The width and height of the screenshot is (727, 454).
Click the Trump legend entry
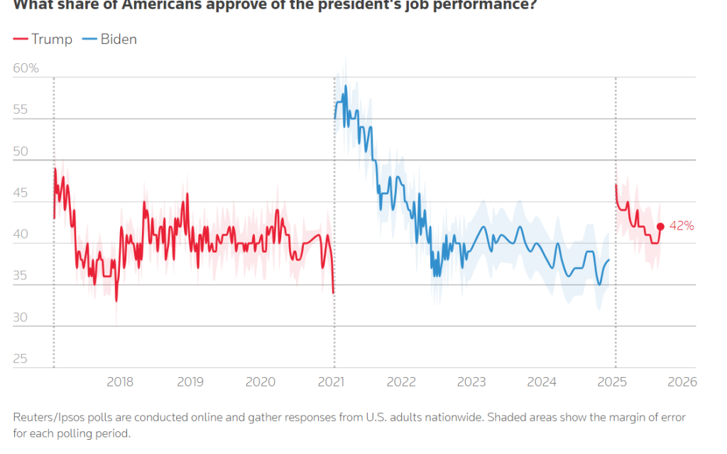coord(43,39)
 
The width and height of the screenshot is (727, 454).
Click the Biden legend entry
coord(110,39)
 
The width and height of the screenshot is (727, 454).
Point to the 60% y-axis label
coord(26,69)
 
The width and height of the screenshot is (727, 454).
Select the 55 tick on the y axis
coord(21,110)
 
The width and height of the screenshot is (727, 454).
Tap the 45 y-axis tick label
coord(21,193)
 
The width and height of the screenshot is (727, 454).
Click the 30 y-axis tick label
coord(21,318)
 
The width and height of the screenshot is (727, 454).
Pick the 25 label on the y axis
coord(21,359)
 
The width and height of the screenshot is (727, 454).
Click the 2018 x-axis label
coord(120,382)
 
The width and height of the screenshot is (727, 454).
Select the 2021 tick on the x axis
coord(331,382)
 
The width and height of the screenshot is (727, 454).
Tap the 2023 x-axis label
coord(471,382)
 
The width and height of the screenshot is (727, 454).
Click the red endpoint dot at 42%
coord(660,226)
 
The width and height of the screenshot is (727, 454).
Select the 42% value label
coord(682,226)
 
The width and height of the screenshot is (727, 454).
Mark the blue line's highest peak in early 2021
coord(346,86)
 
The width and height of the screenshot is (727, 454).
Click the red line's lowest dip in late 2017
coord(116,301)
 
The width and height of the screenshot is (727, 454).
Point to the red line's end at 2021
coord(334,293)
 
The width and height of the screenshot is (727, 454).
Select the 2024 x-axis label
coord(542,382)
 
